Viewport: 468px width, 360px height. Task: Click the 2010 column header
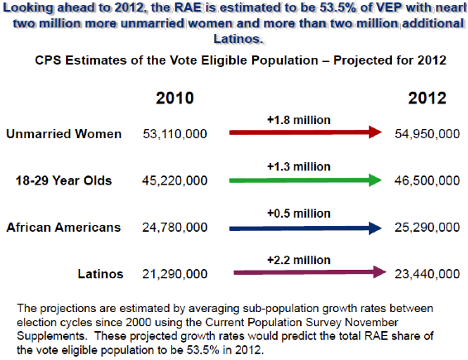(x=175, y=98)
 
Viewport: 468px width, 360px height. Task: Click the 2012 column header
(x=427, y=98)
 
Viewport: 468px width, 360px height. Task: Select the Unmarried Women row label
(x=64, y=134)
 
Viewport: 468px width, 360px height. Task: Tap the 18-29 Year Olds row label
(x=64, y=180)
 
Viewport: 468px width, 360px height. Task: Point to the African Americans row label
(x=64, y=228)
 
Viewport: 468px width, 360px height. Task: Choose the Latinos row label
(x=101, y=274)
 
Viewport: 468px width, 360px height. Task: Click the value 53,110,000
(x=175, y=134)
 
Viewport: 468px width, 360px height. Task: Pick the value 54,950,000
(x=427, y=134)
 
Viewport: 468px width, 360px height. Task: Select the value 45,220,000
(x=175, y=180)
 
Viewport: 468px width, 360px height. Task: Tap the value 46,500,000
(x=427, y=180)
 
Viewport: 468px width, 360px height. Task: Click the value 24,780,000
(x=175, y=228)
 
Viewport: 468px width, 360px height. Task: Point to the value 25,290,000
(x=427, y=228)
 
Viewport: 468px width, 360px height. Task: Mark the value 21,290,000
(x=175, y=274)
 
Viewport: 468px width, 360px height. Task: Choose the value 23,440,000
(x=427, y=274)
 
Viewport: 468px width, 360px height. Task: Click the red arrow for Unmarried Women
(x=305, y=132)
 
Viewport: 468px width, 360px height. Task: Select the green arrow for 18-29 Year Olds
(x=305, y=180)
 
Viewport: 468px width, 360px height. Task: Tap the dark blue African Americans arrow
(x=305, y=228)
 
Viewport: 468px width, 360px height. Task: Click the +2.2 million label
(x=298, y=260)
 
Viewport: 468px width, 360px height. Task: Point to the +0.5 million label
(x=298, y=214)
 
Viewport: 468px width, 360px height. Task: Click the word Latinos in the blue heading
(x=238, y=39)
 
